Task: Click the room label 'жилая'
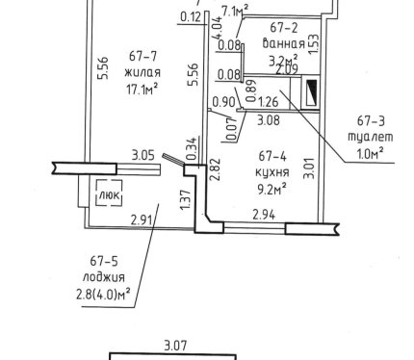(142, 73)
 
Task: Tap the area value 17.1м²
(142, 89)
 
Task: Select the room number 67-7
(142, 56)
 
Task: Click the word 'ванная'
(283, 43)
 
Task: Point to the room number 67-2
(284, 28)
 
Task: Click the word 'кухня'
(272, 172)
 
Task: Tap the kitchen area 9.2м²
(272, 189)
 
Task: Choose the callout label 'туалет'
(371, 137)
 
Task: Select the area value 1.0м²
(371, 154)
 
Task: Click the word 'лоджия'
(104, 277)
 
